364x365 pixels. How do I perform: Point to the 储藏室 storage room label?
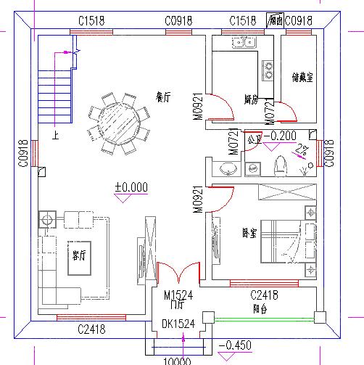(302, 78)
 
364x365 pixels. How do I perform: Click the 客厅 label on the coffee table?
(78, 256)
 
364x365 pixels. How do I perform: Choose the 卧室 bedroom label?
(250, 233)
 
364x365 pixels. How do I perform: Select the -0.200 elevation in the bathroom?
(279, 136)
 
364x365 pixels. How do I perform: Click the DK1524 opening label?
(178, 324)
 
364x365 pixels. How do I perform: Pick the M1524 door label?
(178, 295)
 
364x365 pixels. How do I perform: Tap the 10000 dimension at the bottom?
(175, 361)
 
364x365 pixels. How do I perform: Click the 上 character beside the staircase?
(55, 135)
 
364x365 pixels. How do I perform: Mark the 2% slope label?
(299, 149)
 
